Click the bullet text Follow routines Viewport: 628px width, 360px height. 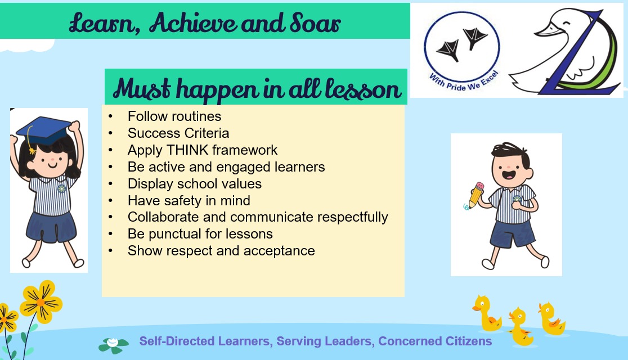[174, 116]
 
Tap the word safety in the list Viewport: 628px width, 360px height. [184, 201]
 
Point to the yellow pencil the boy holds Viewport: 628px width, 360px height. [476, 195]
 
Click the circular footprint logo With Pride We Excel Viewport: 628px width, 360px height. [462, 50]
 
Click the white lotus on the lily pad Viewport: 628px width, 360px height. [113, 343]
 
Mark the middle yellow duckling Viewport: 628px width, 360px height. [520, 326]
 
